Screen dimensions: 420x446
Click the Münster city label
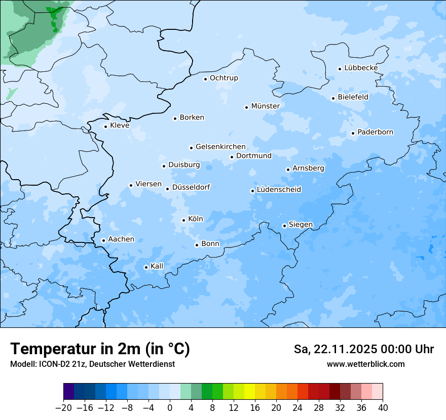265,106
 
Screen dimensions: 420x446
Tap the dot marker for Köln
184,220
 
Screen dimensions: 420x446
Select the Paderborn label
375,133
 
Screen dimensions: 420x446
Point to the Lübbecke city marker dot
340,69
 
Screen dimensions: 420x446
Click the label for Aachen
121,239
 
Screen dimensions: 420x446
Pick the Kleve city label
120,125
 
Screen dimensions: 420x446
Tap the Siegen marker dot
285,226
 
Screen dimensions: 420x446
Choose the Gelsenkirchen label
220,147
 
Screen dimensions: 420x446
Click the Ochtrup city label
224,78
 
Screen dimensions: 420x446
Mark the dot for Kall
146,267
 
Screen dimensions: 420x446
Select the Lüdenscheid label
279,190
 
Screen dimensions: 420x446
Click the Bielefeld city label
353,97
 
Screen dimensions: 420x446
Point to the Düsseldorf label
191,187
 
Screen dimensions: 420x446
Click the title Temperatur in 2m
100,349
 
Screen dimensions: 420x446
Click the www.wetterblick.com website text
365,364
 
